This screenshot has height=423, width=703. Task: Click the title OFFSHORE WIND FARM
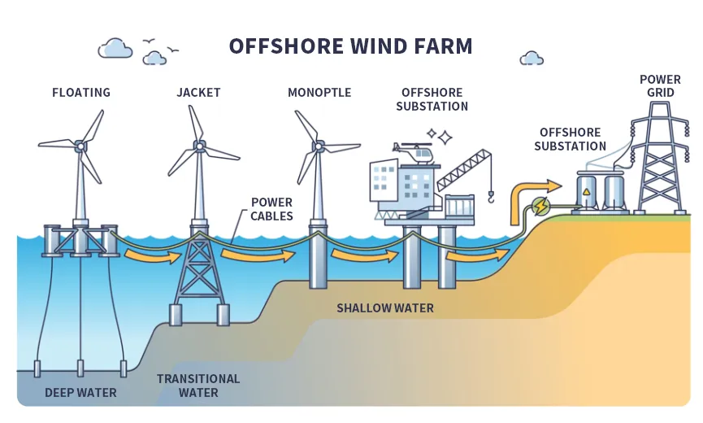pos(350,46)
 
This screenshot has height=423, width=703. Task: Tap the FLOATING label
pos(81,92)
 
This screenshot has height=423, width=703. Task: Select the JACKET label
pos(198,92)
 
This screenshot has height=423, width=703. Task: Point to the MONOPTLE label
pos(319,92)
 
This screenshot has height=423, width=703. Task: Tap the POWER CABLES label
pos(271,209)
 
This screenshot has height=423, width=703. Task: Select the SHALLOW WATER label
pos(385,308)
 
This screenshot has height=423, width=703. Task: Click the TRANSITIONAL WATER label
pos(198,386)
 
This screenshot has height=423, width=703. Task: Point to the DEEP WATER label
pos(80,393)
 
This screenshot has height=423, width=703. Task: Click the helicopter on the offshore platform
pos(414,151)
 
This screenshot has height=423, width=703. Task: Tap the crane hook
pos(490,195)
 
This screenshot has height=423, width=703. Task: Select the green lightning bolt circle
pos(539,207)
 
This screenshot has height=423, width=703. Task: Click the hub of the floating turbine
pos(80,146)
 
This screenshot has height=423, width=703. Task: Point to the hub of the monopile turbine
pos(319,147)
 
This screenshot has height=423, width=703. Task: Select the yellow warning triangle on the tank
pos(586,191)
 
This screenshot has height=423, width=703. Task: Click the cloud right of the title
pos(532,58)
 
